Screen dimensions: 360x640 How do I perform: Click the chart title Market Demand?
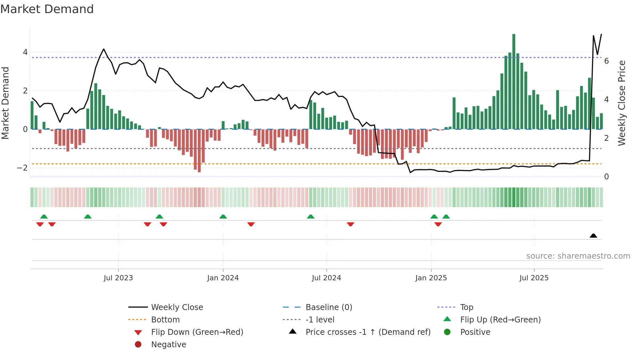(47, 9)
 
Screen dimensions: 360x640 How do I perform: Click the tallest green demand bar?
(514, 82)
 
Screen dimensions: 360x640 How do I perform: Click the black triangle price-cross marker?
(593, 236)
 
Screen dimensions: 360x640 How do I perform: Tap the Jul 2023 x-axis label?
(118, 278)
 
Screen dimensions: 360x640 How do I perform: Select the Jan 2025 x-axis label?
(431, 278)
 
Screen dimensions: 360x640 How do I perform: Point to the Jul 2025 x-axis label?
(534, 278)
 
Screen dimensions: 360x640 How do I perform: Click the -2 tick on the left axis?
(22, 168)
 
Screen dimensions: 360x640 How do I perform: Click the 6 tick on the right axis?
(606, 61)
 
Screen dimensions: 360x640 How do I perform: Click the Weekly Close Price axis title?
(622, 103)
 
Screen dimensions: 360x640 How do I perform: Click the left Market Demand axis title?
(5, 103)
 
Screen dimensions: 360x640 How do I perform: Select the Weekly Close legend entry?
(177, 307)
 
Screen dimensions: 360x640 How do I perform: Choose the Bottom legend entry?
(165, 320)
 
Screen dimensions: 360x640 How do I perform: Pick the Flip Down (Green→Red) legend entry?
(197, 332)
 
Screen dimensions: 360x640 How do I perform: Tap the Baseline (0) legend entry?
(328, 307)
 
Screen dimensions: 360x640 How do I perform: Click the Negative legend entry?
(168, 345)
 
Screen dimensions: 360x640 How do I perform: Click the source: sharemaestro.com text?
(578, 256)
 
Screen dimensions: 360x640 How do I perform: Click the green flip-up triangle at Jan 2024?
(223, 217)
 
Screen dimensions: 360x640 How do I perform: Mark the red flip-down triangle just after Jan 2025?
(438, 224)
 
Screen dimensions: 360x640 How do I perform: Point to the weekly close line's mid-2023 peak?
(104, 49)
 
